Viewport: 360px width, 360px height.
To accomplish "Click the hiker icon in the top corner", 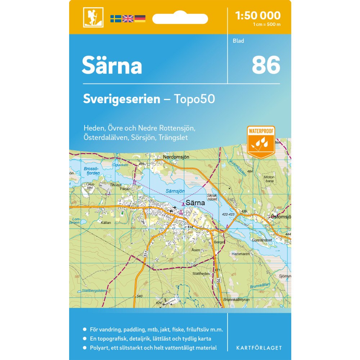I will [x=93, y=17].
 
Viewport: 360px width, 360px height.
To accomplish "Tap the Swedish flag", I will [x=116, y=19].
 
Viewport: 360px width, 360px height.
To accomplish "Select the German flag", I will [x=140, y=19].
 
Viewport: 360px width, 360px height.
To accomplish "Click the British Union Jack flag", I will [x=128, y=19].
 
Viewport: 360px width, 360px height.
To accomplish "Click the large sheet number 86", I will [x=266, y=65].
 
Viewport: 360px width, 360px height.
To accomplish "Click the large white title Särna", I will [x=112, y=65].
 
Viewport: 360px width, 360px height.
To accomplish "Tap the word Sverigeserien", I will [x=121, y=99].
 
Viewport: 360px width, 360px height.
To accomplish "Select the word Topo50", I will [x=195, y=99].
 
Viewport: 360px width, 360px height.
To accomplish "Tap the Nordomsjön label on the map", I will [x=176, y=157].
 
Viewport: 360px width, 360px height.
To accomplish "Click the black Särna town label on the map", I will [x=195, y=203].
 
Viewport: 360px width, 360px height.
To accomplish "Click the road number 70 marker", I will [x=218, y=280].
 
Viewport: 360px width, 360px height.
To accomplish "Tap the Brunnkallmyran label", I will [x=236, y=300].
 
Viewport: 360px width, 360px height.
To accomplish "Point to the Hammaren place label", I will [x=241, y=254].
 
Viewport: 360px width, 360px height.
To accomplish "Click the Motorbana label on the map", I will [x=269, y=179].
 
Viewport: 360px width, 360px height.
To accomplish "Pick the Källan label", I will [x=106, y=223].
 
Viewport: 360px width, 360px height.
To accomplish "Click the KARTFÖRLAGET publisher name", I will [x=259, y=348].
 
